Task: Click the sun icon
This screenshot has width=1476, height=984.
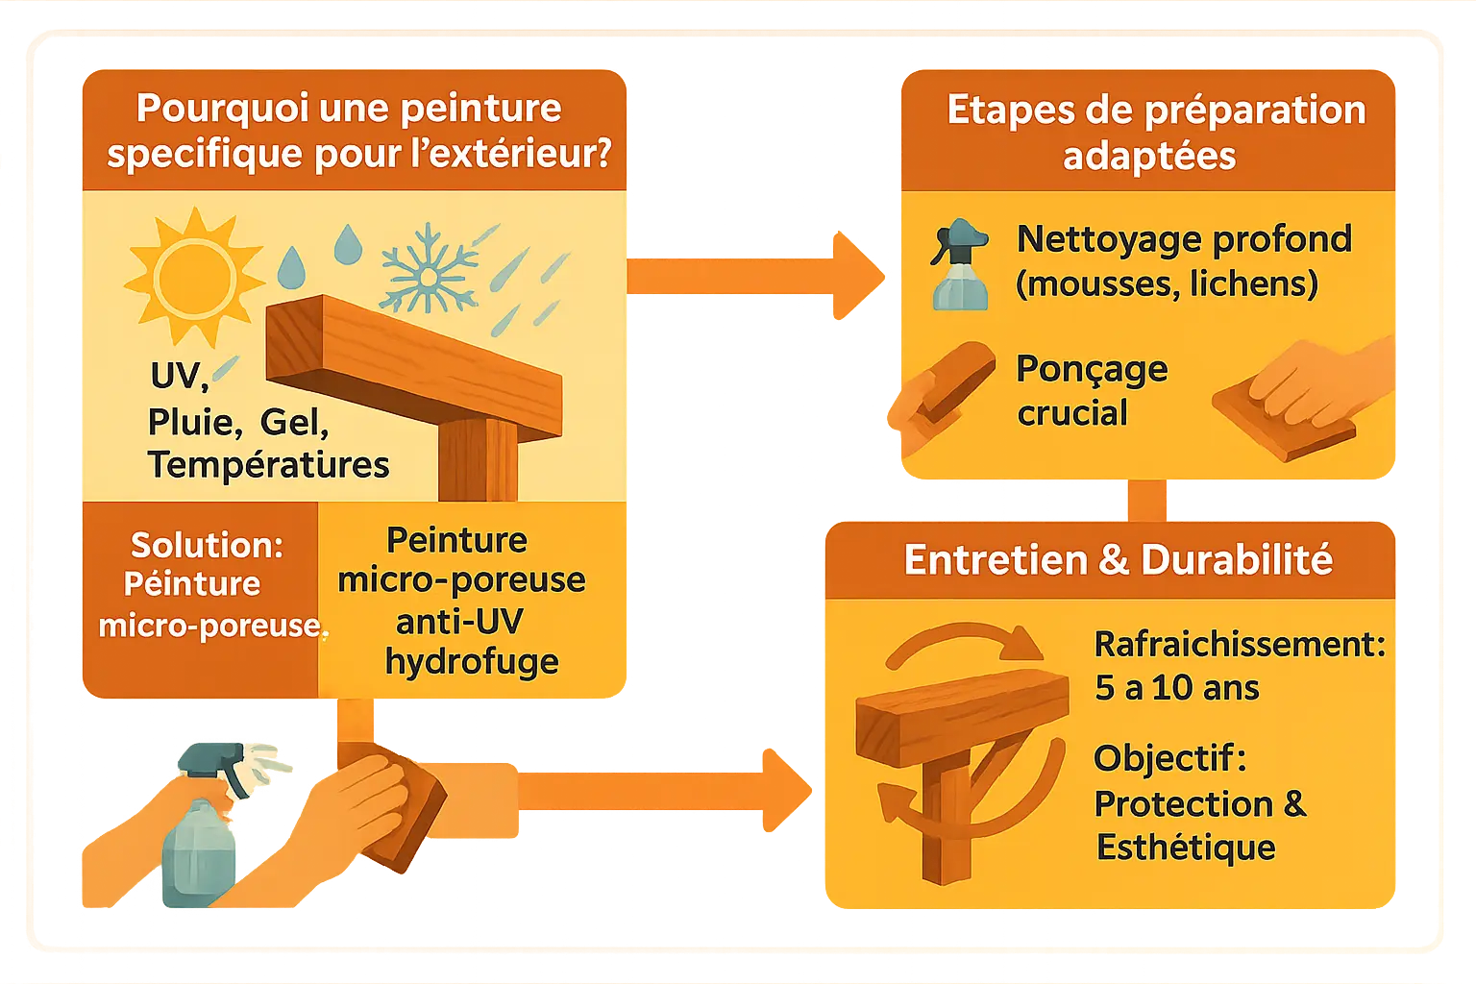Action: click(195, 278)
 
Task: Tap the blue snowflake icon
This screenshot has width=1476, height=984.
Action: click(428, 272)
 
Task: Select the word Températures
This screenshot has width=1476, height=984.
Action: click(268, 465)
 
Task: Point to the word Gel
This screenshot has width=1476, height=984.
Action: click(294, 421)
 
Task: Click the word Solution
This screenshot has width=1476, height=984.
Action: click(207, 545)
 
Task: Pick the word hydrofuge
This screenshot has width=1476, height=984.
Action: click(472, 661)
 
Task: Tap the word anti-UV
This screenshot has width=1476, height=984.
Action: click(459, 621)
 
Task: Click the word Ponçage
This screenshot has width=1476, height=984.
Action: click(1092, 369)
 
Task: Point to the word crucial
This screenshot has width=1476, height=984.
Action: click(1072, 413)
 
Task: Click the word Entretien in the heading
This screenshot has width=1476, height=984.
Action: click(995, 560)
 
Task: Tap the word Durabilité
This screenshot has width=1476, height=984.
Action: click(1237, 560)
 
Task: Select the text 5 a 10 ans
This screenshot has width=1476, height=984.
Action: click(1176, 688)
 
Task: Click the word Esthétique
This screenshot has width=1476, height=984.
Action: click(1186, 848)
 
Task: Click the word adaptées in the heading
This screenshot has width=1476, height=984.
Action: click(1149, 156)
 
